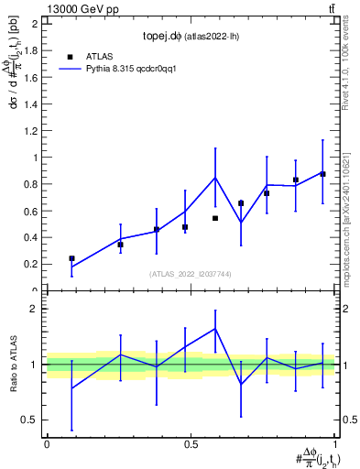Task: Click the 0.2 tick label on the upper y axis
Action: [x=31, y=264]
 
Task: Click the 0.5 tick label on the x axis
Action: [x=191, y=443]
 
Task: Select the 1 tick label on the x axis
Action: [x=335, y=443]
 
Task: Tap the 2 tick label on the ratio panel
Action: [x=35, y=309]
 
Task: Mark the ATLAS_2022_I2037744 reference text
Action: [x=190, y=274]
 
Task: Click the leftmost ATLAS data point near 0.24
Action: [x=71, y=258]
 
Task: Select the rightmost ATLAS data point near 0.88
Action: [x=322, y=174]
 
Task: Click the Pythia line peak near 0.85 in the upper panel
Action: [x=215, y=178]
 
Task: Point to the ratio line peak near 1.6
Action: [x=215, y=328]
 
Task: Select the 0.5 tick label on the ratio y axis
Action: [x=31, y=420]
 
